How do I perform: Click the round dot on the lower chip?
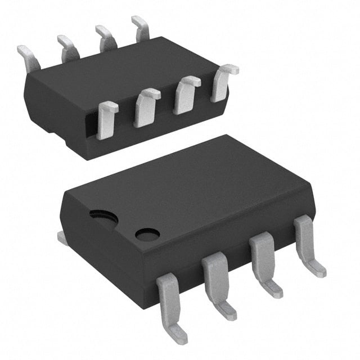[147, 234]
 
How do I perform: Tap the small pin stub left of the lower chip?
[63, 238]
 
